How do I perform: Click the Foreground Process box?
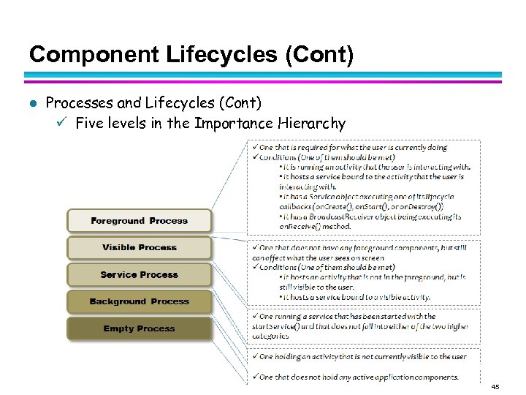139,221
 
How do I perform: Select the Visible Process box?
139,248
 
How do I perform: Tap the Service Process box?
139,275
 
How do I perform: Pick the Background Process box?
139,301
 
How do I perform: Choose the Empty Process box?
139,328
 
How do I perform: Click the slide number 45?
495,386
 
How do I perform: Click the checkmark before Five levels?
62,122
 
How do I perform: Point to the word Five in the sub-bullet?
89,123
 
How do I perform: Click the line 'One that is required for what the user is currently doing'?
358,148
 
